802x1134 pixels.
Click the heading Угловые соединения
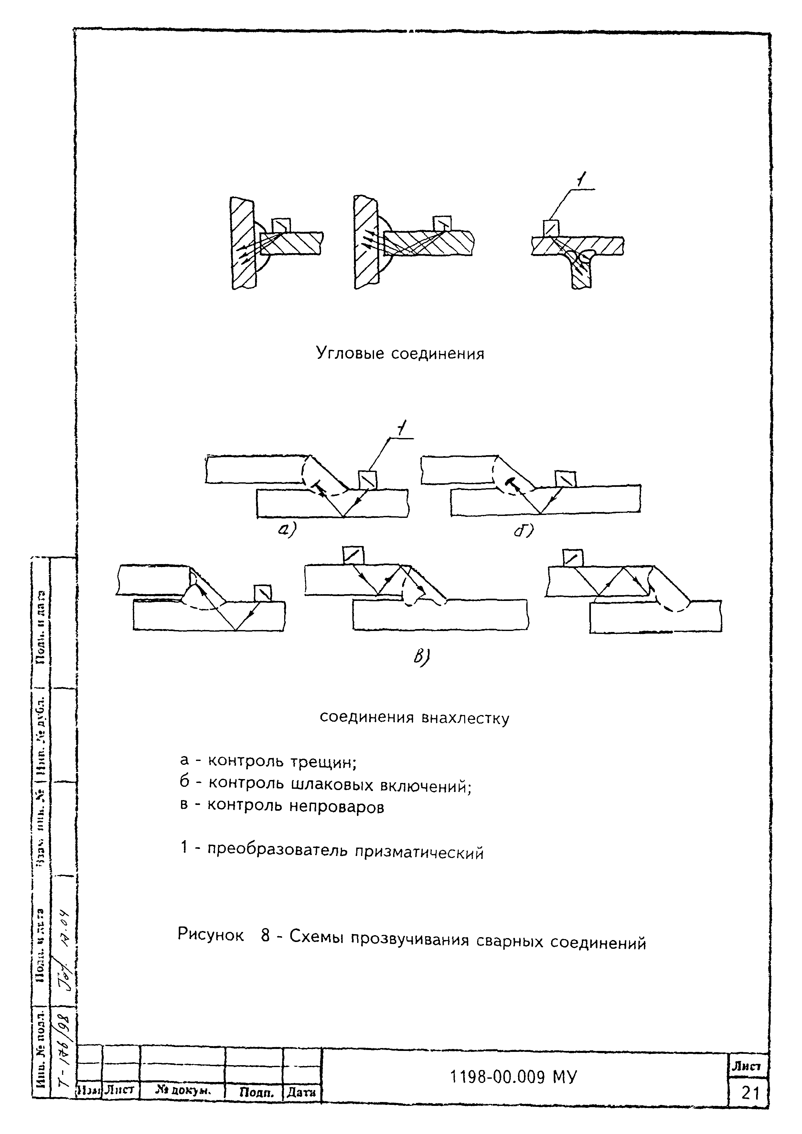(400, 354)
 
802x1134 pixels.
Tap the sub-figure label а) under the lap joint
(286, 530)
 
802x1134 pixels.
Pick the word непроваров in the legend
(336, 807)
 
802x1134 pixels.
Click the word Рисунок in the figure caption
(211, 935)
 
